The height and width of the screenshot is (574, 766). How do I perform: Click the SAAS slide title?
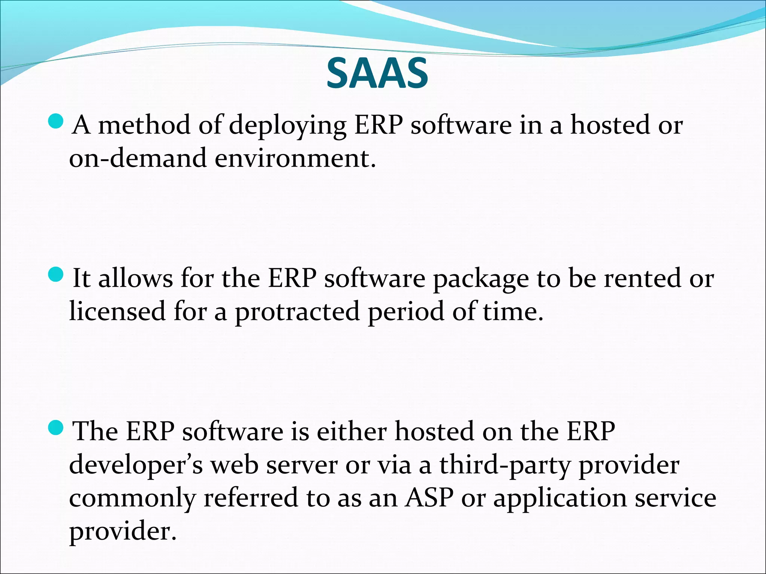point(377,74)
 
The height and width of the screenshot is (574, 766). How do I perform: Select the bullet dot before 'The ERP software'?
point(56,428)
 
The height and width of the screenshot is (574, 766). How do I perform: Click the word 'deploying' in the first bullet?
point(287,126)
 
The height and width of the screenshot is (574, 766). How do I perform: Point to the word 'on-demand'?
point(138,158)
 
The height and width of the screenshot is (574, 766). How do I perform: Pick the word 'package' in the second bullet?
point(481,280)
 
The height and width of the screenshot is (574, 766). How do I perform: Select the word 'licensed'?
point(117,311)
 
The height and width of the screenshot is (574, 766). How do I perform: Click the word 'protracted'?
point(297,312)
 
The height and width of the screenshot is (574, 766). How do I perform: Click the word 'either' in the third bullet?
point(351,432)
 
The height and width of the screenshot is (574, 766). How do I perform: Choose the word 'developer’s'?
point(136,466)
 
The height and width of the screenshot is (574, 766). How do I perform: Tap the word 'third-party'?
point(505,466)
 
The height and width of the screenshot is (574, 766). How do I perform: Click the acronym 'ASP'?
point(429,498)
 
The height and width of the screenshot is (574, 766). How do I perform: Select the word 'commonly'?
point(132,499)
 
